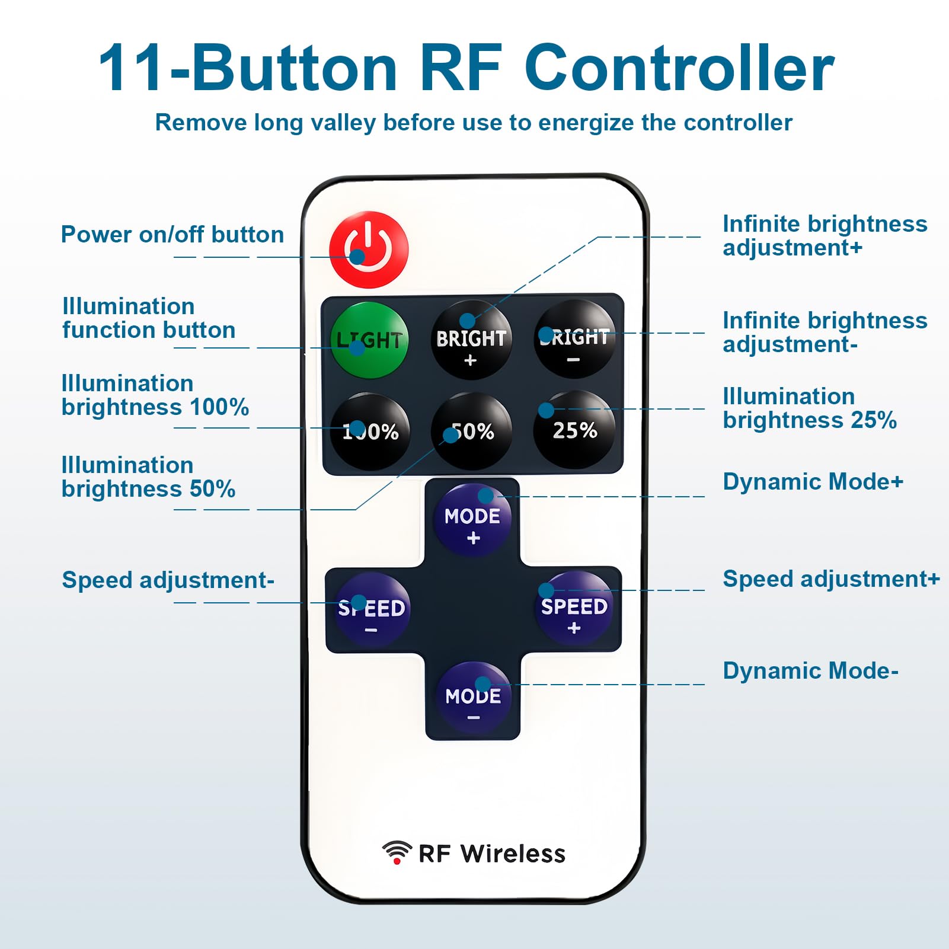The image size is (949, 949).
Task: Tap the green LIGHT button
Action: click(369, 340)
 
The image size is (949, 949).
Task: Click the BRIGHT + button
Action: click(471, 340)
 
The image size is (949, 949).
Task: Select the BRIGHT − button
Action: click(574, 339)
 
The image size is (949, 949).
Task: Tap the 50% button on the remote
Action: click(471, 431)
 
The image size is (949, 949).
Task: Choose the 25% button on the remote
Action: click(574, 430)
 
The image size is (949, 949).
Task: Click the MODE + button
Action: click(472, 520)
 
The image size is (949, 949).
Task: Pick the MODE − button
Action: click(473, 699)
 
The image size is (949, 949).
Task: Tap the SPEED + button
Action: click(574, 608)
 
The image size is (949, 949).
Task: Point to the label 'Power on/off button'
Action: click(172, 235)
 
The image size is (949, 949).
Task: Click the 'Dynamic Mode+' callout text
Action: click(813, 482)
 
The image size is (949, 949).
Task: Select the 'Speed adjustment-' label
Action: click(168, 580)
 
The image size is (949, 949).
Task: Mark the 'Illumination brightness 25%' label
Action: click(810, 408)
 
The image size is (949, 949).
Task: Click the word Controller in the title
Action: click(679, 68)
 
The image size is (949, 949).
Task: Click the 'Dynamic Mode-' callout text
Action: click(811, 671)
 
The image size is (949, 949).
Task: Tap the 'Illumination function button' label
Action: click(149, 318)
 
